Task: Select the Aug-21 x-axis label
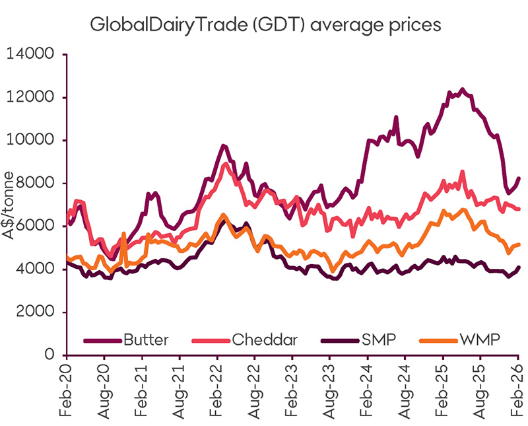[179, 392]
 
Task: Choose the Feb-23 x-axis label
[292, 392]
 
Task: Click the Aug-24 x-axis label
[405, 392]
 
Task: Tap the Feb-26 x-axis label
[517, 392]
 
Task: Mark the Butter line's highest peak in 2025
[462, 89]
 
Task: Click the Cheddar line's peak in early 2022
[226, 163]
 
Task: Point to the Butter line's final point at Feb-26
[519, 178]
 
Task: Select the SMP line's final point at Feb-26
[519, 267]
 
